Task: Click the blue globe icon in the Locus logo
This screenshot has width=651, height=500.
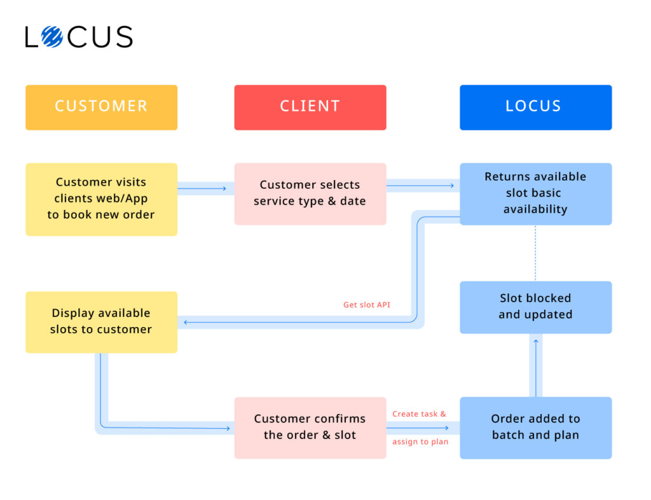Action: [x=52, y=37]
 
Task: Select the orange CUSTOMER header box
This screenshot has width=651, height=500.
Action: [x=101, y=107]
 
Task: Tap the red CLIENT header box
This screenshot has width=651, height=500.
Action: [x=310, y=107]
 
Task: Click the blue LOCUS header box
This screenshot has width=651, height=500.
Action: [x=535, y=107]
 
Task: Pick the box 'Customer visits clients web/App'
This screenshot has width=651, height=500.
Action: [x=101, y=199]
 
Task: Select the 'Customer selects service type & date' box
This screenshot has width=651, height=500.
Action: [x=310, y=193]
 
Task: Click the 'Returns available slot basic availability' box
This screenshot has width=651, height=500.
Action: [x=535, y=193]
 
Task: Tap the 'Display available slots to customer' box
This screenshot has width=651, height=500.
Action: [x=101, y=321]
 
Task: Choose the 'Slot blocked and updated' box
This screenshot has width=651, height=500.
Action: [x=535, y=307]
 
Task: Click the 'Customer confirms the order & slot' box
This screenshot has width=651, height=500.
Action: [x=310, y=427]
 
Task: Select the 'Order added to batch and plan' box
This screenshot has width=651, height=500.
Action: [x=535, y=427]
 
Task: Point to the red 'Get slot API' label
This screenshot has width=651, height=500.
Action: [x=367, y=305]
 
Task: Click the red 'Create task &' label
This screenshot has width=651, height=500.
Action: [x=419, y=414]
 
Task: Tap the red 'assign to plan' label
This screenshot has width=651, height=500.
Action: [x=420, y=442]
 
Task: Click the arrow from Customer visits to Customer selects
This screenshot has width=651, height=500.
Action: [x=205, y=188]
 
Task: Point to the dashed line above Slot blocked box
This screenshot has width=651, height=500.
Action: [x=535, y=253]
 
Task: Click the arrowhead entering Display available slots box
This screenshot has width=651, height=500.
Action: [x=186, y=323]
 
